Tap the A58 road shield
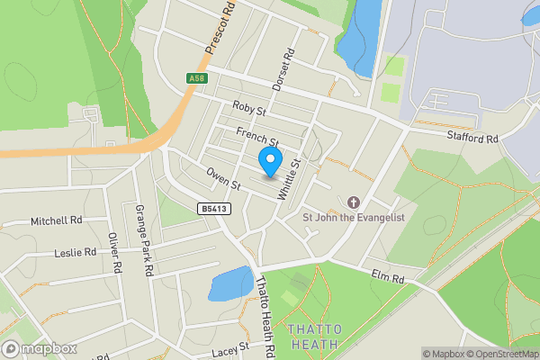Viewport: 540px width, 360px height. (197, 79)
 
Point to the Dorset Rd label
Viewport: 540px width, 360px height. (283, 69)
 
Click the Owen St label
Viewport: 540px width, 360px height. (224, 178)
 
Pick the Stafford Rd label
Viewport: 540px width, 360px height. (473, 138)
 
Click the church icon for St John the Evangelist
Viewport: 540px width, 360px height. (353, 202)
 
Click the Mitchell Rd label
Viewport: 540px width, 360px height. (56, 220)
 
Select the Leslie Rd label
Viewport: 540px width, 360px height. (75, 254)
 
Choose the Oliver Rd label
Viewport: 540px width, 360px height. (114, 253)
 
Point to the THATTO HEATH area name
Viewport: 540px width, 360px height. (314, 337)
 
